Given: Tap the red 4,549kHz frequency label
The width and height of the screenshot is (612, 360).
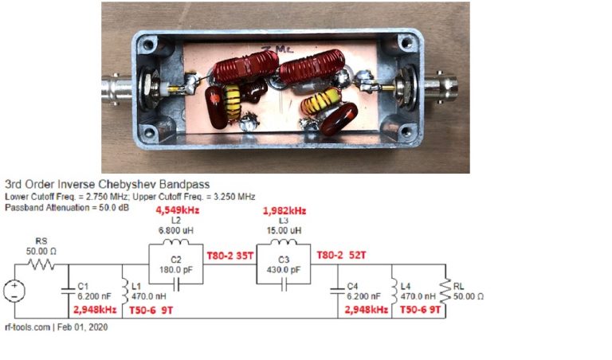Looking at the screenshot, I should tap(176, 211).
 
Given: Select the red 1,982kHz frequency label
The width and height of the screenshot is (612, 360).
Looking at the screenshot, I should tap(284, 211).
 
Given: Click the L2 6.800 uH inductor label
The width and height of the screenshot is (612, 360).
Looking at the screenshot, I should tap(175, 225).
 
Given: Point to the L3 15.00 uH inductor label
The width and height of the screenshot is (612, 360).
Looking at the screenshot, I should tap(284, 225).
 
